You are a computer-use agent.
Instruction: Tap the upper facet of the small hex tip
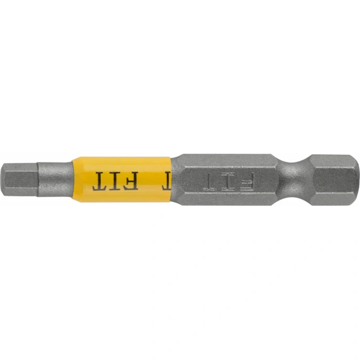(21, 167)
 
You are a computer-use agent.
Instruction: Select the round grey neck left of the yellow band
(55, 179)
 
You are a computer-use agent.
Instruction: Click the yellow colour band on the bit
(121, 179)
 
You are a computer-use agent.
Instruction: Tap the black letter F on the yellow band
(131, 181)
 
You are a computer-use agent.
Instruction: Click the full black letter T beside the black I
(101, 181)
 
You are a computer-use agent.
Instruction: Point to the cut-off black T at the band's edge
(166, 181)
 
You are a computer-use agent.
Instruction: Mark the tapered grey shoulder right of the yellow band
(177, 179)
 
